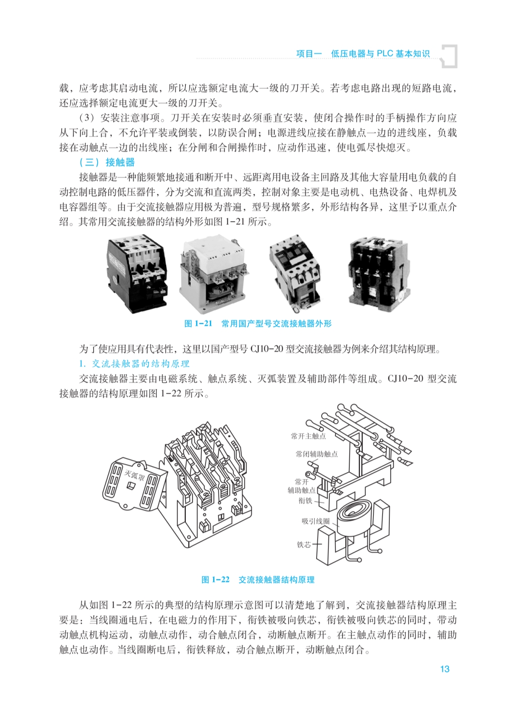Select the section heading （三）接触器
coord(107,162)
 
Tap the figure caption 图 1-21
coord(198,324)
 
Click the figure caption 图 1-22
coord(215,579)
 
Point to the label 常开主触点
coord(308,436)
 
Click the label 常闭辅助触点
coord(317,454)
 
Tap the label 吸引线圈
coord(316,521)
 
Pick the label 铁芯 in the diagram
coord(303,545)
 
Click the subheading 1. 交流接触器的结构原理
coord(134,364)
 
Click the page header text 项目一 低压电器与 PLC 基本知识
coord(363,54)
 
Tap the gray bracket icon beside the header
coord(449,56)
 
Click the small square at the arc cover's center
coord(130,486)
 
